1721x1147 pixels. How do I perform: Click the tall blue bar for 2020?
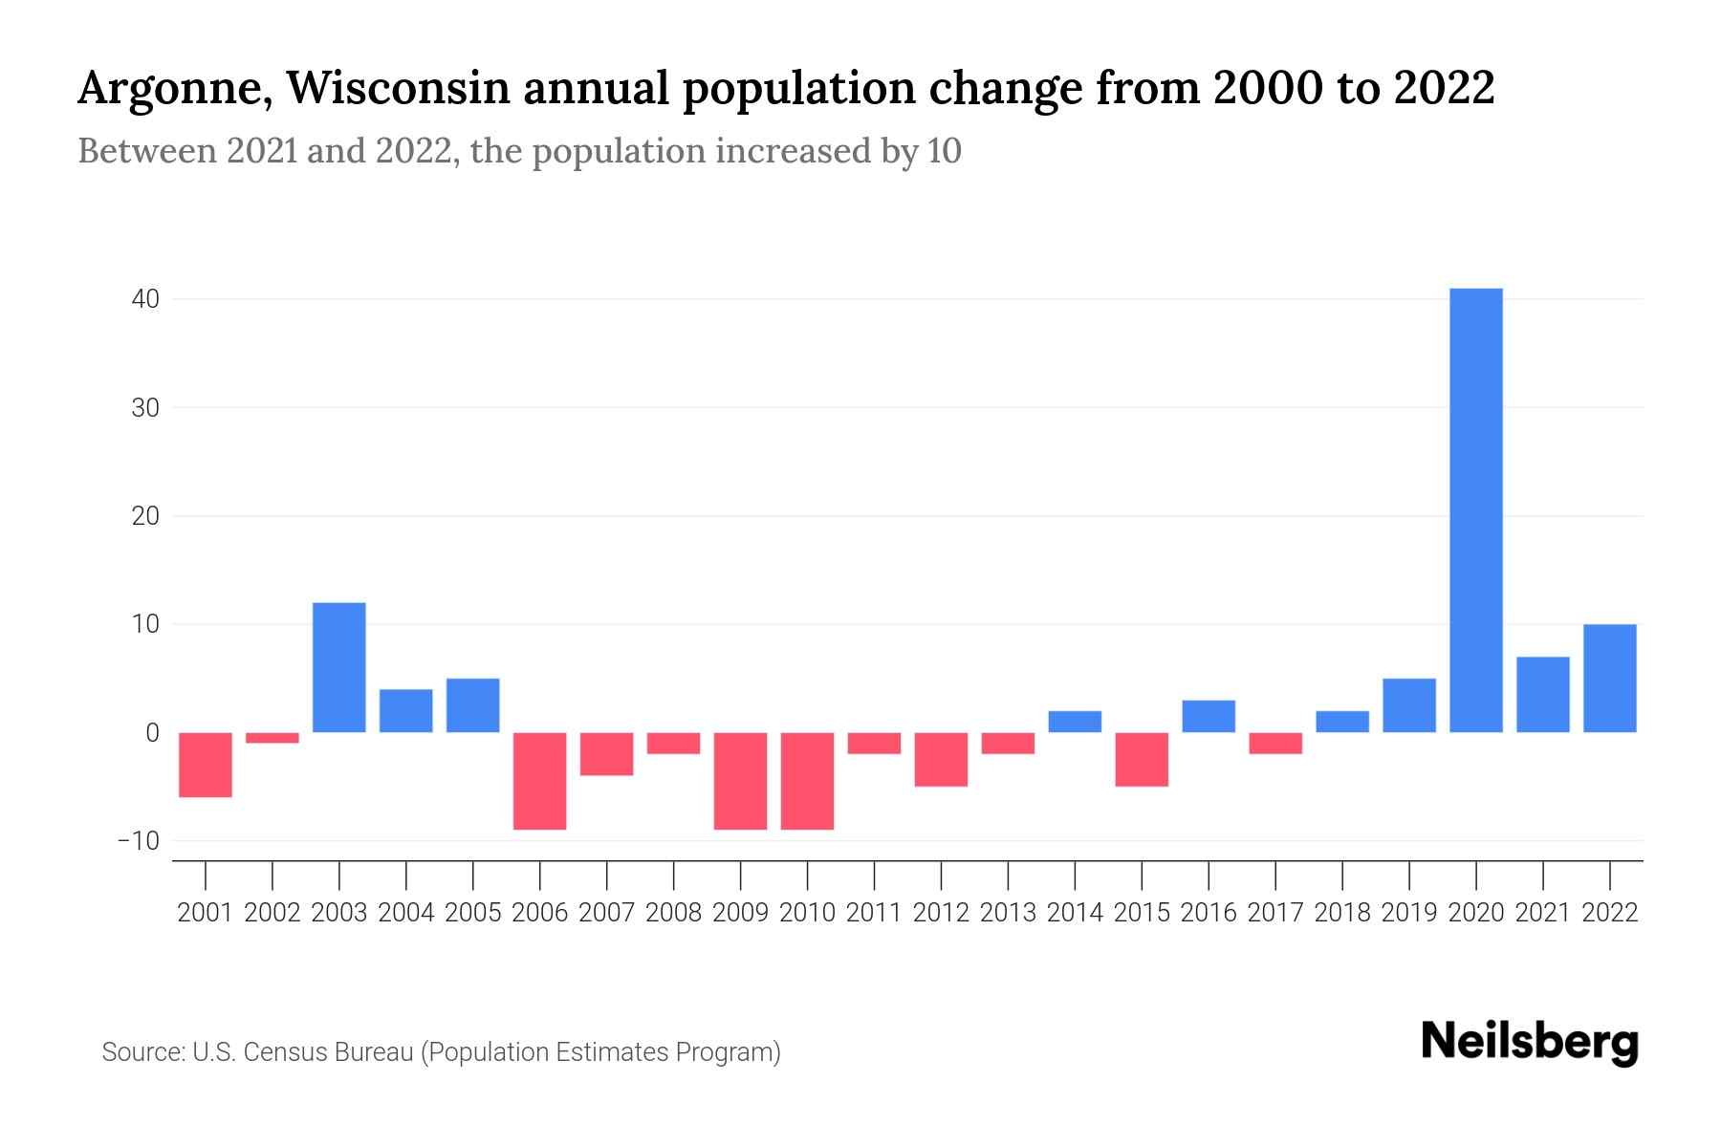click(x=1475, y=510)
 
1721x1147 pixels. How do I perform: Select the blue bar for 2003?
click(x=339, y=667)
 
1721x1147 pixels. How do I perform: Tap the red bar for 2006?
click(x=540, y=781)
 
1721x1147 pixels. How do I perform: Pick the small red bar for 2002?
click(x=272, y=738)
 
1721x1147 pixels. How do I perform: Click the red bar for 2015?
click(x=1142, y=759)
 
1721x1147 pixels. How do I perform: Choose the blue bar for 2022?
click(x=1609, y=678)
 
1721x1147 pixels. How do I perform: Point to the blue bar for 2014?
click(x=1075, y=722)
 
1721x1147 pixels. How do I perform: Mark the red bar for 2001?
click(x=206, y=765)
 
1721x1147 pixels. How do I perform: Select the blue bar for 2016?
click(x=1209, y=716)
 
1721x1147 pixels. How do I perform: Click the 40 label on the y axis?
click(x=145, y=299)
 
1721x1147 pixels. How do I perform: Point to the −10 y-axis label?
click(x=139, y=841)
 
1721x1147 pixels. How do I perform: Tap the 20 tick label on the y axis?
click(x=145, y=516)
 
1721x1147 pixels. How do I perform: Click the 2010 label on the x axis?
click(x=807, y=913)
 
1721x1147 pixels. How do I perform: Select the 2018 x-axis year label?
click(x=1342, y=913)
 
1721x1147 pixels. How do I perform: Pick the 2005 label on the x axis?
click(x=473, y=913)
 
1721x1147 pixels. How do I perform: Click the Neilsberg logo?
click(x=1530, y=1043)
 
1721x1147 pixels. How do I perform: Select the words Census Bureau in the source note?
click(x=330, y=1052)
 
